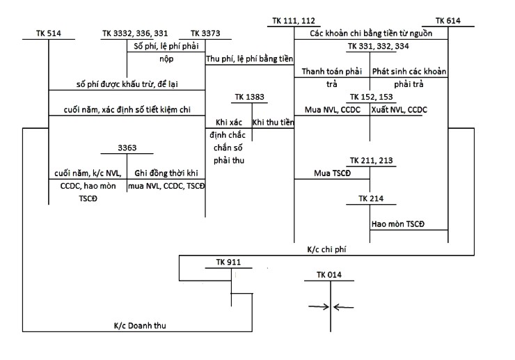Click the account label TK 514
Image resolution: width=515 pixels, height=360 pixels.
[49, 33]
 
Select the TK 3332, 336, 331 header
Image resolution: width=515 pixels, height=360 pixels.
[134, 33]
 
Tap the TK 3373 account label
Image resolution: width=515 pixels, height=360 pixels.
[205, 33]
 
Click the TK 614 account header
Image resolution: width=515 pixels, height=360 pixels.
[447, 20]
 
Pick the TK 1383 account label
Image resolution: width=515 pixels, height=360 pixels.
[250, 97]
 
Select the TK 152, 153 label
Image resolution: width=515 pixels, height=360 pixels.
[371, 97]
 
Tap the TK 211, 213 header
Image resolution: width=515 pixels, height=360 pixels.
[371, 160]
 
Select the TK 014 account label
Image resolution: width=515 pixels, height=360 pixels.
[329, 275]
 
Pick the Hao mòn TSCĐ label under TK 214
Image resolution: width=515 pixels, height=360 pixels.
[399, 224]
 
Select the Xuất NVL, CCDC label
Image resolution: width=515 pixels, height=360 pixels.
[409, 109]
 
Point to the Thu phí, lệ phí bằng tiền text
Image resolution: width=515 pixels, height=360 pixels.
[250, 58]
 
